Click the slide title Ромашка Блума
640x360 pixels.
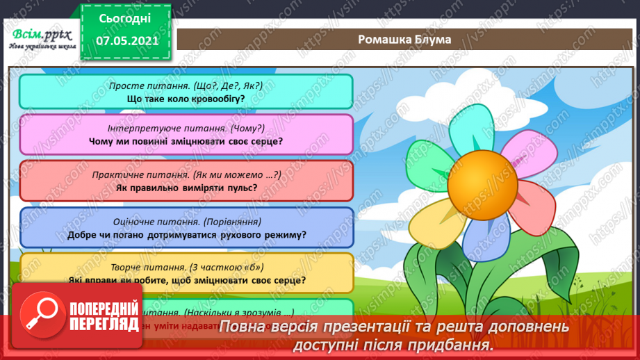[404, 39]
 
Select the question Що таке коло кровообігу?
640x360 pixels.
[186, 99]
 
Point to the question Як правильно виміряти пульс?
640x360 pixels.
[186, 188]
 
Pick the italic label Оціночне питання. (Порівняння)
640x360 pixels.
[186, 222]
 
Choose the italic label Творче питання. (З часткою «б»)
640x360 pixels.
[186, 268]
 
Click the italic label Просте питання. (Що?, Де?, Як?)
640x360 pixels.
[186, 85]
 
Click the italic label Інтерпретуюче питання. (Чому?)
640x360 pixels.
[186, 129]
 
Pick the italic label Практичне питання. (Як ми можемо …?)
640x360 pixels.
[186, 174]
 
